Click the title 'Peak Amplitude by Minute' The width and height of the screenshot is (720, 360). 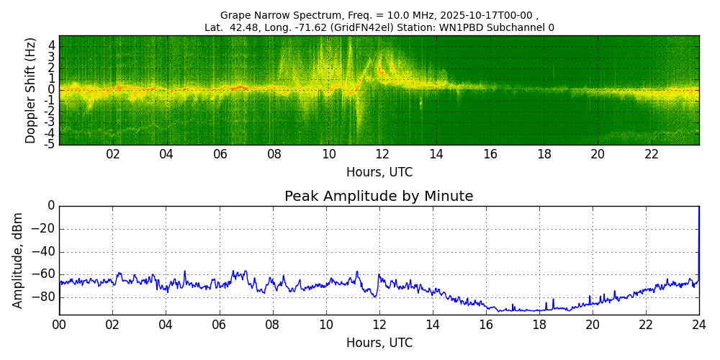(379, 197)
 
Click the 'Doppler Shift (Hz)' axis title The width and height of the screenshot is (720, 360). (30, 90)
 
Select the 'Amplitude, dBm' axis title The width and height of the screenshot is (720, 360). (18, 260)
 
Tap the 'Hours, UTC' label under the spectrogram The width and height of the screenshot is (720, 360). (379, 173)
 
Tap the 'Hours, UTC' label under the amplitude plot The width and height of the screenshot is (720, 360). (379, 343)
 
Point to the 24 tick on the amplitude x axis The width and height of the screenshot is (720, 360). (698, 325)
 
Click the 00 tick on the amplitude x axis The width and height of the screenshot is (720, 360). (59, 325)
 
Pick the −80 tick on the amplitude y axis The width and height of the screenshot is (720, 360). (45, 297)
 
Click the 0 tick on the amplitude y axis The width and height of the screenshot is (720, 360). (51, 206)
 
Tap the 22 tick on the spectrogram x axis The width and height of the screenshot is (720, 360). (652, 154)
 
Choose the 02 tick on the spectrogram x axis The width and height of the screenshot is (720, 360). (113, 154)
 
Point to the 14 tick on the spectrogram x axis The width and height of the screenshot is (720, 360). (436, 154)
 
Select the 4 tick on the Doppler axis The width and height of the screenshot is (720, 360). (52, 45)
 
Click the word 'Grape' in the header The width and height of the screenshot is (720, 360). (235, 15)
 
